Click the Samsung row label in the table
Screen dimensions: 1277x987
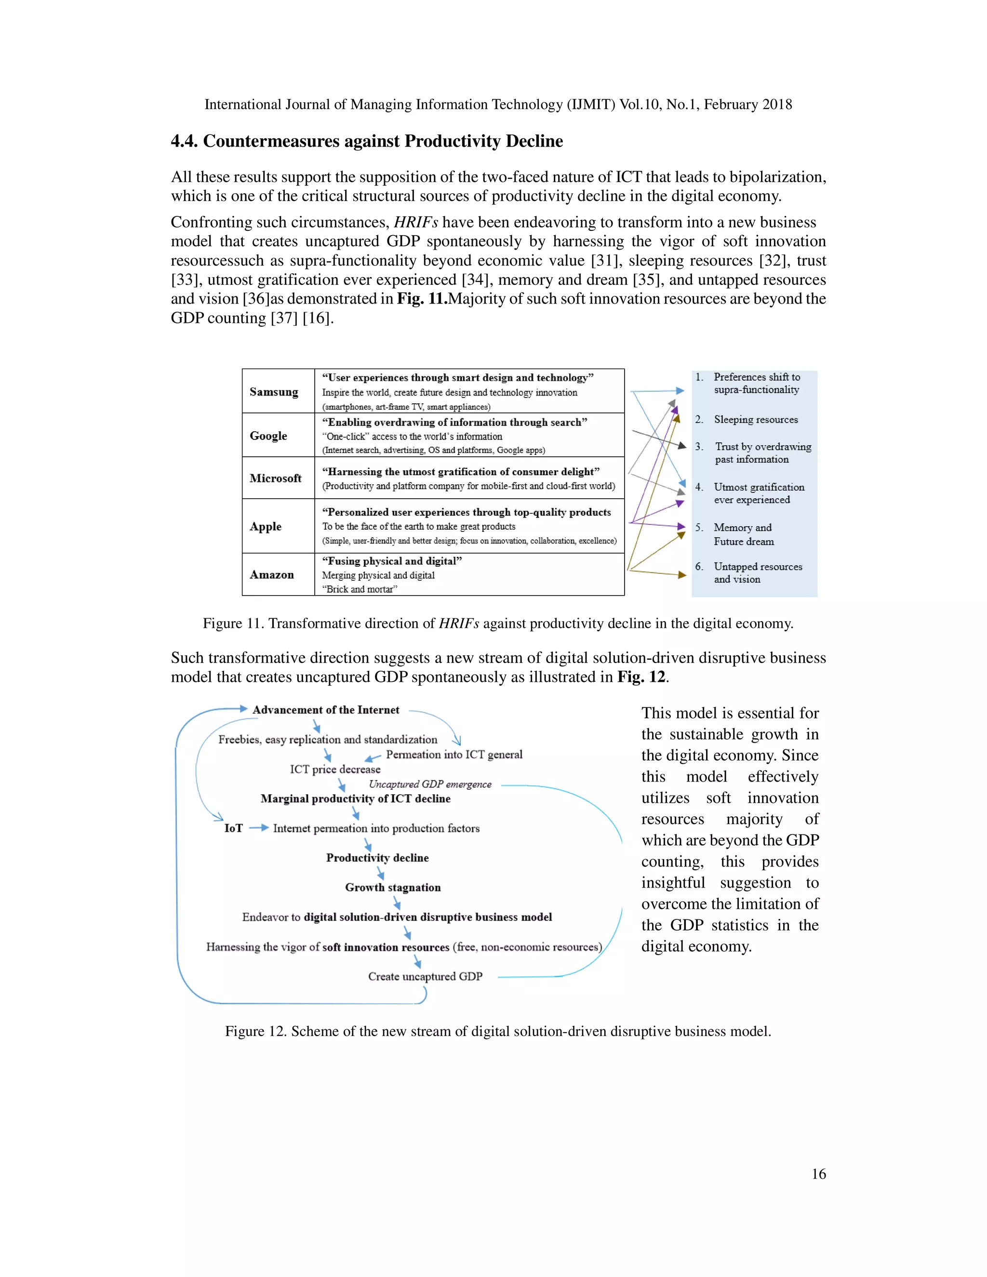(274, 392)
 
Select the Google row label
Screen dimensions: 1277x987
(268, 436)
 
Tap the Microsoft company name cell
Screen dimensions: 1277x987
(275, 479)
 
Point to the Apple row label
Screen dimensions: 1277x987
(266, 526)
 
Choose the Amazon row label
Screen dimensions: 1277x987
(272, 575)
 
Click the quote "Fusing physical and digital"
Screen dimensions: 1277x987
(392, 561)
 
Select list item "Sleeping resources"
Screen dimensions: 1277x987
(756, 420)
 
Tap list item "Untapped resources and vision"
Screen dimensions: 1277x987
(757, 573)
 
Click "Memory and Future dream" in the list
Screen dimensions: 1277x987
(743, 534)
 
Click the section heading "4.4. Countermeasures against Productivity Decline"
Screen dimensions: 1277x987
(367, 141)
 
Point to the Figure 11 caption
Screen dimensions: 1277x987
(497, 623)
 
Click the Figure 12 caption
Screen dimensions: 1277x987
(497, 1031)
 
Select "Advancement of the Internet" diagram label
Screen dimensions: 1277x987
(326, 710)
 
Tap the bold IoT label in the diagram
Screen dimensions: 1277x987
(233, 828)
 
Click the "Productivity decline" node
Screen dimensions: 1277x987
(377, 858)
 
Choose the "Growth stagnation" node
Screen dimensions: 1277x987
(392, 888)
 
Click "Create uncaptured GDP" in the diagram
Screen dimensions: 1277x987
(425, 976)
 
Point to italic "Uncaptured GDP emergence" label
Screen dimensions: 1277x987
(430, 785)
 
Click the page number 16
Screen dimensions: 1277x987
(819, 1174)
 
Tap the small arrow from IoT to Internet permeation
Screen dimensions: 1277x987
(258, 828)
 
